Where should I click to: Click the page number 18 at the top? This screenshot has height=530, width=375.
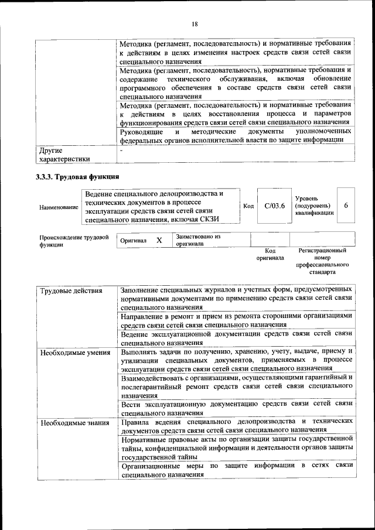tap(195, 23)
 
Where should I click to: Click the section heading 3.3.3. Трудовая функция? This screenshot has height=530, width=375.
tap(78, 177)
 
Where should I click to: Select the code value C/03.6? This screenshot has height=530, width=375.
tap(274, 206)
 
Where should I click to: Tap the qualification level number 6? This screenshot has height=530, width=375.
tap(346, 206)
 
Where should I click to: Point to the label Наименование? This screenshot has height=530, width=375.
tap(58, 207)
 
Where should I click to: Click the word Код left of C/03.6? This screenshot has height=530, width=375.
tap(248, 206)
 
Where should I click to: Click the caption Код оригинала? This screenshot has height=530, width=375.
tap(270, 254)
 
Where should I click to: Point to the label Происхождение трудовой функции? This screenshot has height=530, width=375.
tap(74, 241)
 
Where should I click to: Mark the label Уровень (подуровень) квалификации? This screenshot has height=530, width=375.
tap(314, 206)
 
